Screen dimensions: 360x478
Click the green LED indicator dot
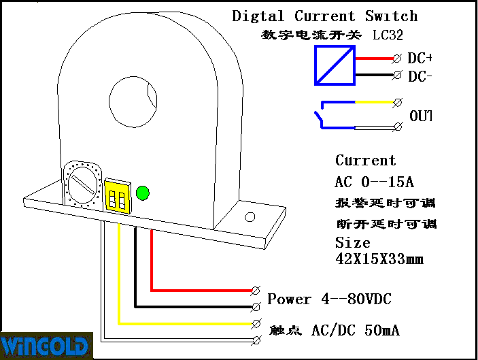tap(143, 193)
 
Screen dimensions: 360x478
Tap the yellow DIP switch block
tap(117, 197)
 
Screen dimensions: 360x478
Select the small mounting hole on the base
tap(250, 218)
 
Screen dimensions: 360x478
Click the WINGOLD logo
tap(45, 345)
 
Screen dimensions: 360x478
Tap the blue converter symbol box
tap(335, 66)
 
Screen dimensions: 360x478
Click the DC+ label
tap(420, 59)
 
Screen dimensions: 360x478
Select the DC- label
tap(420, 76)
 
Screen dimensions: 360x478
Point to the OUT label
tap(421, 116)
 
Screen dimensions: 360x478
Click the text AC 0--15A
tap(375, 182)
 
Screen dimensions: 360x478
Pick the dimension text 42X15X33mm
tap(379, 259)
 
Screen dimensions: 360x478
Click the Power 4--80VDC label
tap(329, 299)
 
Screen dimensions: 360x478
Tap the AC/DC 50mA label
tap(355, 331)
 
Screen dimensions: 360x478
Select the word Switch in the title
tap(391, 16)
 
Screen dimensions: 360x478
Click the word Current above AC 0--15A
tap(365, 161)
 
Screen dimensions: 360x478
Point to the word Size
tap(352, 243)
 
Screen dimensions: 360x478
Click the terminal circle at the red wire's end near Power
tap(256, 291)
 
